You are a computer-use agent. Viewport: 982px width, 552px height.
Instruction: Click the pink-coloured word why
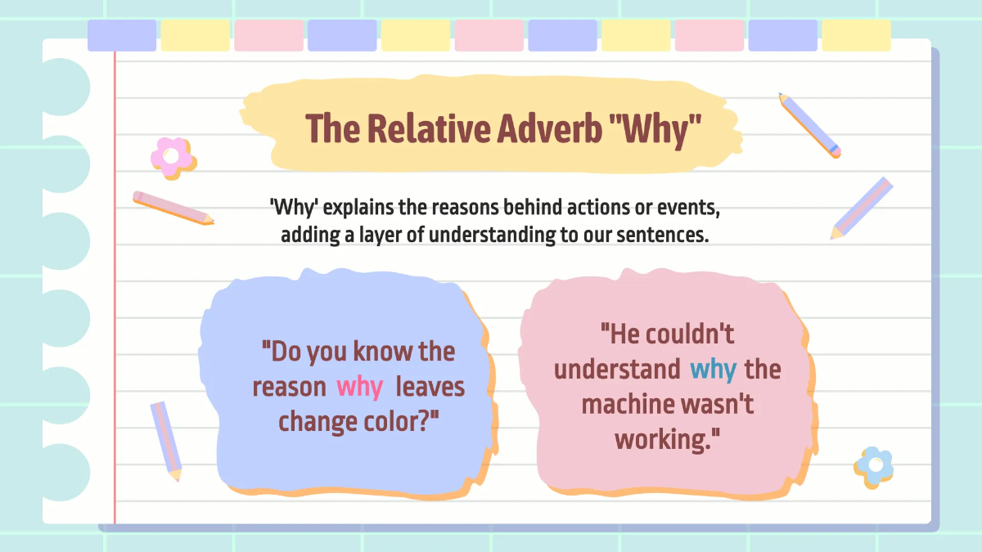tap(360, 387)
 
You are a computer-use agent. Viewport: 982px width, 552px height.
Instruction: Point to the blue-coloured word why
tap(713, 370)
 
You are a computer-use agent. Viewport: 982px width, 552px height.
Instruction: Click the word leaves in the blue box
tap(430, 387)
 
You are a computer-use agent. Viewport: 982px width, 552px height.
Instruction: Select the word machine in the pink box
tap(635, 404)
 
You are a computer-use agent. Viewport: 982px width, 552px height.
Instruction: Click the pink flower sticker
tap(172, 156)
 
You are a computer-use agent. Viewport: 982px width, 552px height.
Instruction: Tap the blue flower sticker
tap(874, 465)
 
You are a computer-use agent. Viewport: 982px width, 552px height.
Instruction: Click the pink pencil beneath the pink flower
tap(173, 208)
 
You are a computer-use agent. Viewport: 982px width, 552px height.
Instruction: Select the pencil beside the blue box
tap(166, 440)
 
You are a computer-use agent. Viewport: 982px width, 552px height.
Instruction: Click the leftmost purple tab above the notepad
tap(122, 35)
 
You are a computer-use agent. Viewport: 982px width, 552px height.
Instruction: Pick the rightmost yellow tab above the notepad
tap(856, 35)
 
